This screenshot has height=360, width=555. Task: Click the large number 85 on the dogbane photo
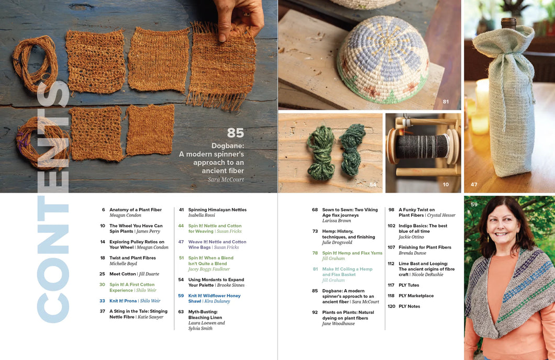pyautogui.click(x=236, y=132)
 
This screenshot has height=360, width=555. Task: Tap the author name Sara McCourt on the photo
pyautogui.click(x=226, y=179)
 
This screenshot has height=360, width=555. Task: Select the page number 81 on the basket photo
pyautogui.click(x=446, y=102)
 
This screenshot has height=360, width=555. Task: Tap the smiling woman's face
pyautogui.click(x=503, y=223)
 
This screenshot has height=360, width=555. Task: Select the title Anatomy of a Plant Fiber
pyautogui.click(x=136, y=210)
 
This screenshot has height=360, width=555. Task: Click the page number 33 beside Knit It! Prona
pyautogui.click(x=102, y=301)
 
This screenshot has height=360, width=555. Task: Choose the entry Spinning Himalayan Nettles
pyautogui.click(x=217, y=210)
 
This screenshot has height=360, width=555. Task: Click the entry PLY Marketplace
pyautogui.click(x=416, y=296)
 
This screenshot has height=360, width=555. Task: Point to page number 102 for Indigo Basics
pyautogui.click(x=392, y=226)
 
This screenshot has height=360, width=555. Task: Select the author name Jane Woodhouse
pyautogui.click(x=338, y=323)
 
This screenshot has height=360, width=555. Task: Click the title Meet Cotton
pyautogui.click(x=123, y=274)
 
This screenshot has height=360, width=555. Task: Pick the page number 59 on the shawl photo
pyautogui.click(x=474, y=205)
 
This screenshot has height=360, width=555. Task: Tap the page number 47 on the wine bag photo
pyautogui.click(x=474, y=184)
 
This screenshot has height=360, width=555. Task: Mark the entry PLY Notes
pyautogui.click(x=409, y=306)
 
